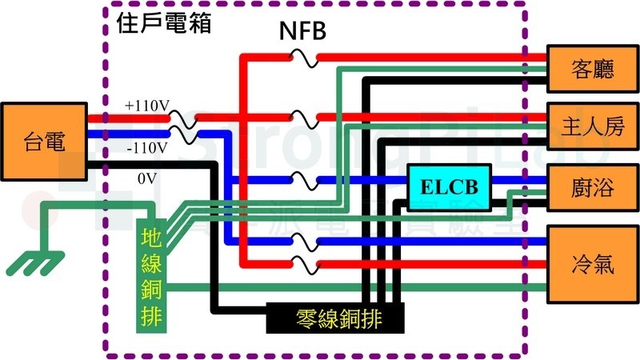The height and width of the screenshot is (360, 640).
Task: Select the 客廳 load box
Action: coord(593,69)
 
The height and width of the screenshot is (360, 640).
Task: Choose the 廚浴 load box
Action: coord(593,187)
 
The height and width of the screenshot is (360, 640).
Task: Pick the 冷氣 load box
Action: coord(593,264)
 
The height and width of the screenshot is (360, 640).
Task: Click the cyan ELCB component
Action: coord(449,187)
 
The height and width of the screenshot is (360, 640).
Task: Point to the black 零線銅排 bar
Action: coord(336,318)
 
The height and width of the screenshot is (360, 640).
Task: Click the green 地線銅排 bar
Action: coord(150,275)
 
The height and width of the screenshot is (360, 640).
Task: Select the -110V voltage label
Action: coord(146,148)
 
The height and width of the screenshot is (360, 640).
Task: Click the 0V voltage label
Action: coord(146,179)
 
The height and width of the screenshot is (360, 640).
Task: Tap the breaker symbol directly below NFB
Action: coord(304,57)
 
